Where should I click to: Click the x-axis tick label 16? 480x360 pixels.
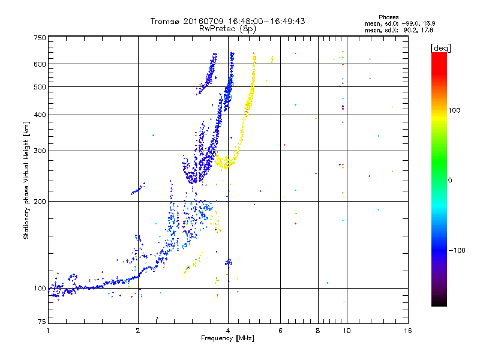click(407, 331)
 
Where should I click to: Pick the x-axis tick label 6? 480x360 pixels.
click(281, 331)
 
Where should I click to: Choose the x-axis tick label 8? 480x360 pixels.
click(318, 331)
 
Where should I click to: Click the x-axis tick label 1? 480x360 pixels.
click(49, 331)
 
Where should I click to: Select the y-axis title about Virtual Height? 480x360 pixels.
click(26, 180)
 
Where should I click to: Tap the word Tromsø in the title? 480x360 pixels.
click(166, 21)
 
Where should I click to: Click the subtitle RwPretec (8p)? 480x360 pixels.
click(227, 28)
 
